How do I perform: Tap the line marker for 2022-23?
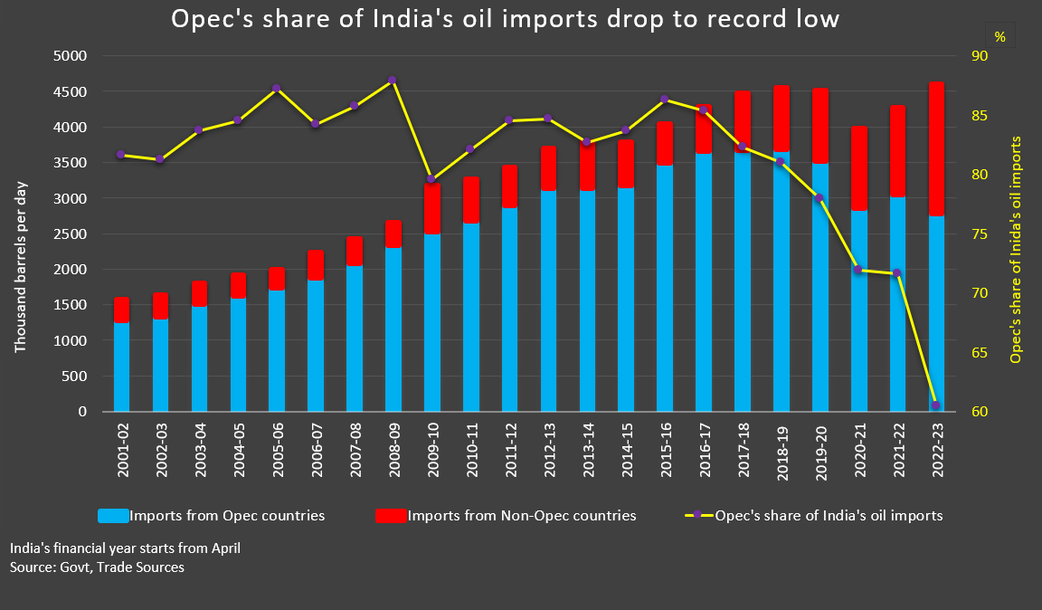(935, 405)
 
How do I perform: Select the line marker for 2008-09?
(392, 80)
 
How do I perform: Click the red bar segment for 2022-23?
(935, 149)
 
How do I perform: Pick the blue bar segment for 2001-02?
(121, 367)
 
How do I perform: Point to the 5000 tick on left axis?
(71, 56)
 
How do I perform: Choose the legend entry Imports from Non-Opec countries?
(507, 516)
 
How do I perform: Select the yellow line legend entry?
(814, 516)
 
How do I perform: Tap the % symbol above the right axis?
(999, 37)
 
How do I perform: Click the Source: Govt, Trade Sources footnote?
(97, 567)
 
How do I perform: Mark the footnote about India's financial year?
(125, 548)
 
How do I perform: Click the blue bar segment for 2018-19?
(781, 281)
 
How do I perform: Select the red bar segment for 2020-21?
(858, 168)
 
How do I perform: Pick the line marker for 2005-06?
(276, 89)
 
